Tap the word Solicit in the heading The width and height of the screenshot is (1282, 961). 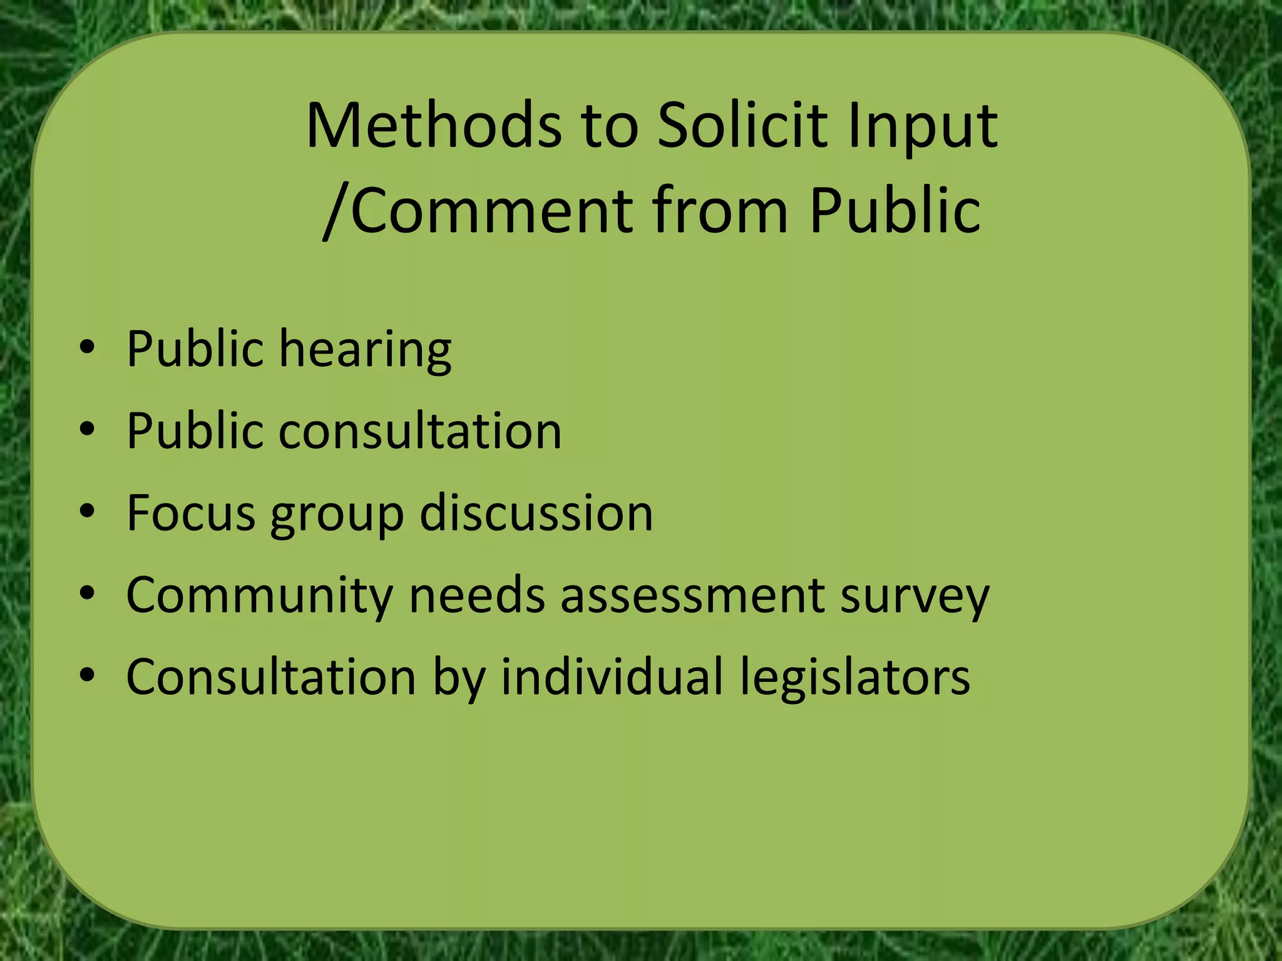(742, 126)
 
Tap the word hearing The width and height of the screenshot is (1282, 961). (365, 350)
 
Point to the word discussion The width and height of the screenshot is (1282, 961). (536, 513)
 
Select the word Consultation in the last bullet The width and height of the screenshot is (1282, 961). (271, 677)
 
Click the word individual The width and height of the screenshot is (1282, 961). (612, 677)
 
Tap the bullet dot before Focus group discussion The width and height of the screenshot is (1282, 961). (88, 511)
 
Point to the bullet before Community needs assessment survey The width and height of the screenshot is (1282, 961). (88, 593)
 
